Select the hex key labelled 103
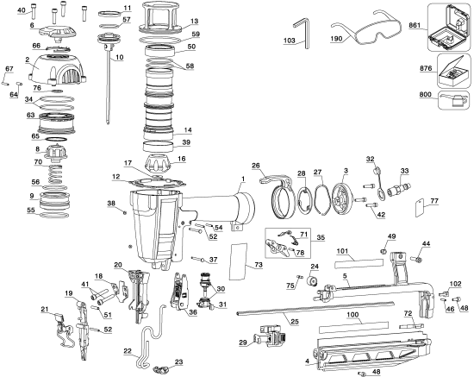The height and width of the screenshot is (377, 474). pyautogui.click(x=304, y=32)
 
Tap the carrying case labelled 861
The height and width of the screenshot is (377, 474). pyautogui.click(x=449, y=27)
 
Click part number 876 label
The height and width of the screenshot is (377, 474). pyautogui.click(x=426, y=68)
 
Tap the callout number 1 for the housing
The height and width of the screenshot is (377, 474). pyautogui.click(x=243, y=179)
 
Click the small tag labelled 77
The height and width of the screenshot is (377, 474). pyautogui.click(x=420, y=207)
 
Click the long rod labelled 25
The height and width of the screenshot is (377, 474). pyautogui.click(x=315, y=308)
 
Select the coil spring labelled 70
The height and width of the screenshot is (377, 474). pyautogui.click(x=55, y=174)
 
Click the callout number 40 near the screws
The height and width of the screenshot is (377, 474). pyautogui.click(x=22, y=10)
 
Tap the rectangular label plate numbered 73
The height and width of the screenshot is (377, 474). pyautogui.click(x=239, y=261)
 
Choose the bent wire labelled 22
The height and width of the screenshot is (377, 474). pyautogui.click(x=150, y=336)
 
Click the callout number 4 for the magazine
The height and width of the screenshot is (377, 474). pyautogui.click(x=307, y=361)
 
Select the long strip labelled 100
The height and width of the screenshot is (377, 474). pyautogui.click(x=353, y=326)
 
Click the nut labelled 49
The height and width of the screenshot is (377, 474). pyautogui.click(x=383, y=251)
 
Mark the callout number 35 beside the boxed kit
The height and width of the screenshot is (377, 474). pyautogui.click(x=321, y=237)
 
